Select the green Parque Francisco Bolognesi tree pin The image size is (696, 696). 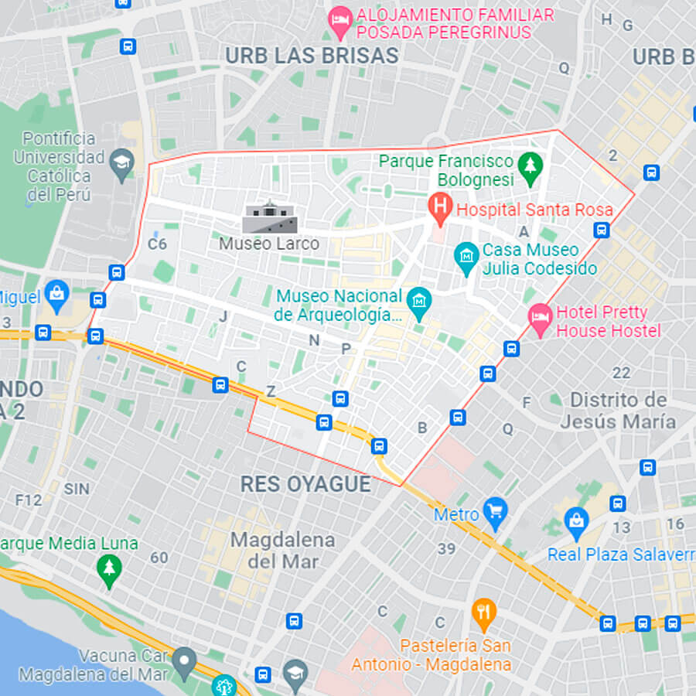(x=531, y=168)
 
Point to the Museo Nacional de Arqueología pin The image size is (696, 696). (x=419, y=304)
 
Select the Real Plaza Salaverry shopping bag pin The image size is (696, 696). (x=576, y=523)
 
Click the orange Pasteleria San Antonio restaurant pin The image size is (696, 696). (x=484, y=614)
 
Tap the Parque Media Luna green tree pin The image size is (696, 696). (x=109, y=571)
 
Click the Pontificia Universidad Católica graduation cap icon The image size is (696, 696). (x=121, y=164)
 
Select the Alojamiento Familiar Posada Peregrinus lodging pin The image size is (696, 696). (x=339, y=22)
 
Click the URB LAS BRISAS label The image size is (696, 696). (x=312, y=56)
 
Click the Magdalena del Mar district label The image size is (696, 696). (x=282, y=550)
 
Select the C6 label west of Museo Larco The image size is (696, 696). (x=157, y=244)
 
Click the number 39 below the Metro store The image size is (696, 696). (x=446, y=549)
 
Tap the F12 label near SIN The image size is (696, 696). (x=28, y=500)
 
